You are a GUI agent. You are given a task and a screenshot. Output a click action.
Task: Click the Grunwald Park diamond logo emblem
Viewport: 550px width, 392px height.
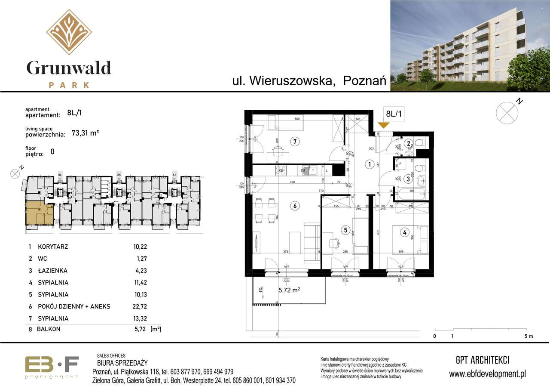coord(69,32)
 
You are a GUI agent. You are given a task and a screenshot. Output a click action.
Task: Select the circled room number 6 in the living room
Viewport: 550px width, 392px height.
coord(295,206)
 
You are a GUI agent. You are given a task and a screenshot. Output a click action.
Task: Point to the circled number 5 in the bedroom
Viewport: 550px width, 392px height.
coord(345,230)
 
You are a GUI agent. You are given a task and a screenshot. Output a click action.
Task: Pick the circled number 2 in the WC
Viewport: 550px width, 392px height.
coord(409,144)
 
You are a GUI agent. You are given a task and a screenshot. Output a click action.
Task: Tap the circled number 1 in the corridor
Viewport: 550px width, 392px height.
coord(369,164)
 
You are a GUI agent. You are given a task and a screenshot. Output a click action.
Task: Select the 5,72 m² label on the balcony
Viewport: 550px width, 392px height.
coord(289,290)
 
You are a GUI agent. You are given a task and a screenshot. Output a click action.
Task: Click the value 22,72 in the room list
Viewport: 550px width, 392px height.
coord(140,306)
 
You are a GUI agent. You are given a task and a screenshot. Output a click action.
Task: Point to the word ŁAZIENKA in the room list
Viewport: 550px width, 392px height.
coord(52,271)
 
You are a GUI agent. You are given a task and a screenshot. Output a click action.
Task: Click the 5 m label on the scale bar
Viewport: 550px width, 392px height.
coord(529,336)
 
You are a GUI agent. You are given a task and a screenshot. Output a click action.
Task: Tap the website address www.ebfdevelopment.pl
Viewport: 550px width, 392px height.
coord(487,374)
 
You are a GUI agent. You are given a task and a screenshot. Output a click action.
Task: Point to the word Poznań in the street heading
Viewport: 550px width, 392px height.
coord(365,80)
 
